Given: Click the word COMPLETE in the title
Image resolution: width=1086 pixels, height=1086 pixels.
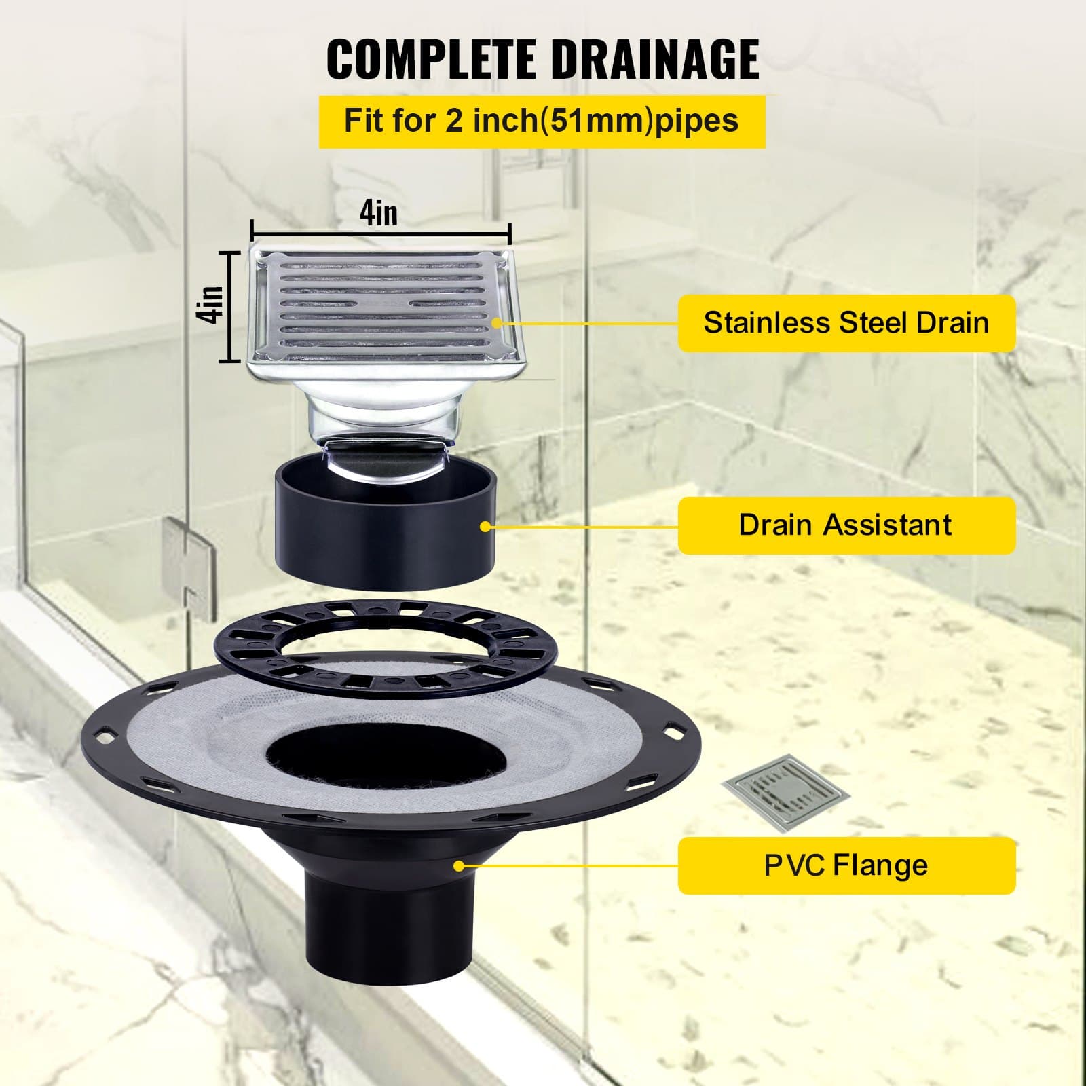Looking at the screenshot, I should click(x=433, y=59).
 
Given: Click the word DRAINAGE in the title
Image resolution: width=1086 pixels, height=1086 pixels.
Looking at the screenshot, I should click(x=653, y=59).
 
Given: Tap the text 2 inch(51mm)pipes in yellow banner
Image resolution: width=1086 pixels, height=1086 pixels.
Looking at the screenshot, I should click(x=592, y=121).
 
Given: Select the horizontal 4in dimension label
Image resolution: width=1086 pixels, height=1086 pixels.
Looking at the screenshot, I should click(x=379, y=213).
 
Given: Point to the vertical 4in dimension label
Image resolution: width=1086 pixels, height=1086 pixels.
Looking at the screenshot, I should click(x=213, y=305).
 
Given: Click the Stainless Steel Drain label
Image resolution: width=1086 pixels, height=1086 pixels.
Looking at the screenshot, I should click(x=846, y=322).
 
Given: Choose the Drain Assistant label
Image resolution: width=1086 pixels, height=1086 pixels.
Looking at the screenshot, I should click(x=846, y=525).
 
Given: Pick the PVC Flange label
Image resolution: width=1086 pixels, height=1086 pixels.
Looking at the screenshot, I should click(x=846, y=865).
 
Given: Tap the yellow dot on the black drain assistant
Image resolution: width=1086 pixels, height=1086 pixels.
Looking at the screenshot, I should click(x=485, y=526).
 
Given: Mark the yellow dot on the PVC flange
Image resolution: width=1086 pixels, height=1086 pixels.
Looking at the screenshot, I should click(x=459, y=865).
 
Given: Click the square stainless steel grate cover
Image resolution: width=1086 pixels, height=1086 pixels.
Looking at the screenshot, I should click(x=383, y=305).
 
